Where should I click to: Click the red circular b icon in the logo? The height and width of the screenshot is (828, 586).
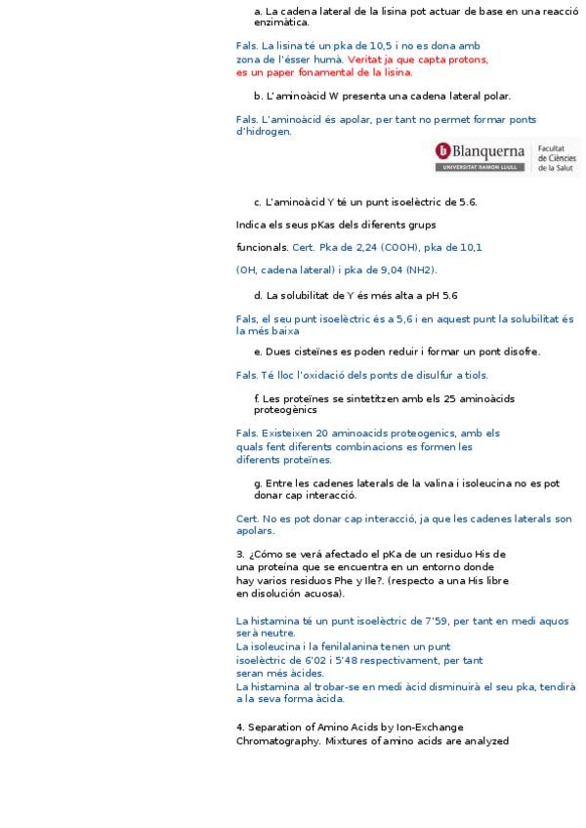coord(443,150)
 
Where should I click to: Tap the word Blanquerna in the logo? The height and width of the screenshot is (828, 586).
coord(488,150)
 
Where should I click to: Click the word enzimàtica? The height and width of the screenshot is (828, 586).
coord(281,22)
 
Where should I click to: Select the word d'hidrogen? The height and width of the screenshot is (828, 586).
coord(264,132)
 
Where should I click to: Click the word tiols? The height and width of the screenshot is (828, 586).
coord(475,375)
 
